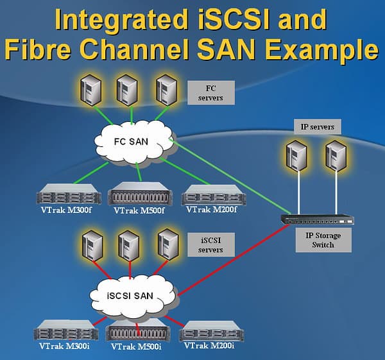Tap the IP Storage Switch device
(x=317, y=219)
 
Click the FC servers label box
(x=211, y=93)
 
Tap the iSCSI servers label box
(x=211, y=244)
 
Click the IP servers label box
(x=317, y=126)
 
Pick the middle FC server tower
(x=126, y=90)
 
